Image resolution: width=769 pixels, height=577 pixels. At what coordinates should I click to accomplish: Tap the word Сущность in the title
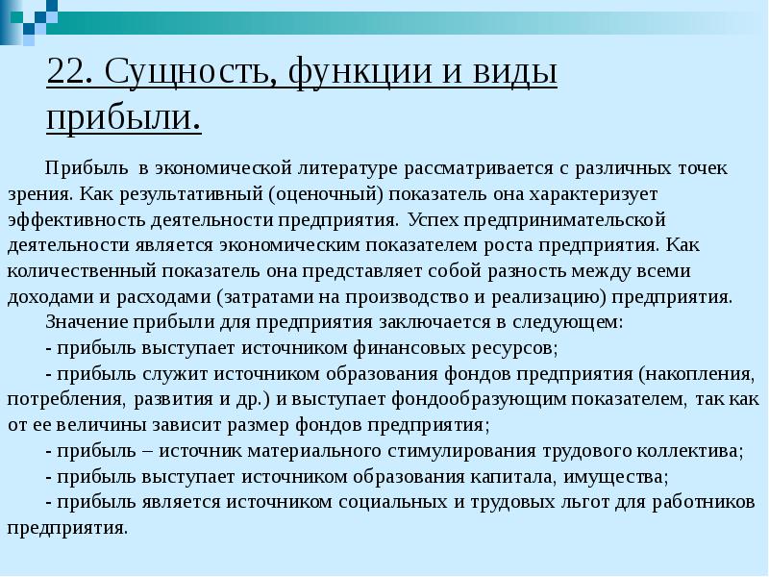(186, 74)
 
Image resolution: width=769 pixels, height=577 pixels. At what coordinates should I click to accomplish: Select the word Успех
(433, 218)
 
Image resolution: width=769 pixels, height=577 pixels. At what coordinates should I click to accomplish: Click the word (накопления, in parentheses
(699, 372)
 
